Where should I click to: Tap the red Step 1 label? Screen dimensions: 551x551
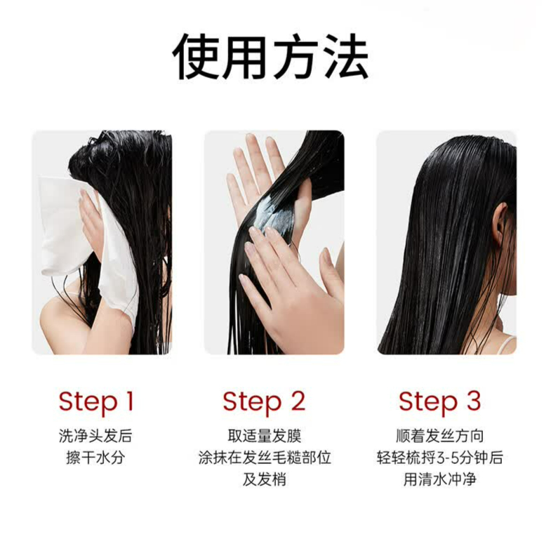[95, 402]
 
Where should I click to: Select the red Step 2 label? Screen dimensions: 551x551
[264, 402]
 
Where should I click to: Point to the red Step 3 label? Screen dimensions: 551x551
[440, 402]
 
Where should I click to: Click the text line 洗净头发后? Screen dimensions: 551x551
[95, 436]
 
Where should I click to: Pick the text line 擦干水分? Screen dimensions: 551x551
[95, 458]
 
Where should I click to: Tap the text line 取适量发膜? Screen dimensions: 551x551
[264, 436]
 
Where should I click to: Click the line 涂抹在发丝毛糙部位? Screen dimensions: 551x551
[264, 458]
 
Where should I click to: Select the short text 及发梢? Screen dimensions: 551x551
[264, 481]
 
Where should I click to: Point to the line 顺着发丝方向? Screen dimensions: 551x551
[440, 436]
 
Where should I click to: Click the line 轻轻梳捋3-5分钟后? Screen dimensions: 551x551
[440, 458]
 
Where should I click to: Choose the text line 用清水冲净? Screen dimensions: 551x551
[440, 481]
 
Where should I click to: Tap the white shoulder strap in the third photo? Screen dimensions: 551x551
[507, 345]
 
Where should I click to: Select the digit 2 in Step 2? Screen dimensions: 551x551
[298, 402]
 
